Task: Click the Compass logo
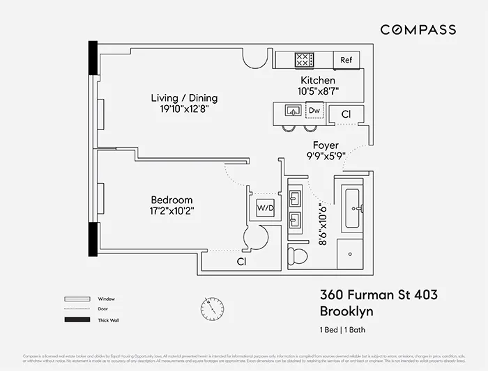pos(418,29)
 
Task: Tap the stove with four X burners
pos(305,60)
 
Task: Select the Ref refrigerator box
pos(346,60)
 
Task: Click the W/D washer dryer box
pos(265,207)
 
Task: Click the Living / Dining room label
pos(184,97)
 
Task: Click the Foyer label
pos(326,145)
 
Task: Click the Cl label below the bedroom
pos(242,262)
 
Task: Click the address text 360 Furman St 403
pos(379,295)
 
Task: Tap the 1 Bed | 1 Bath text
pos(346,329)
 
